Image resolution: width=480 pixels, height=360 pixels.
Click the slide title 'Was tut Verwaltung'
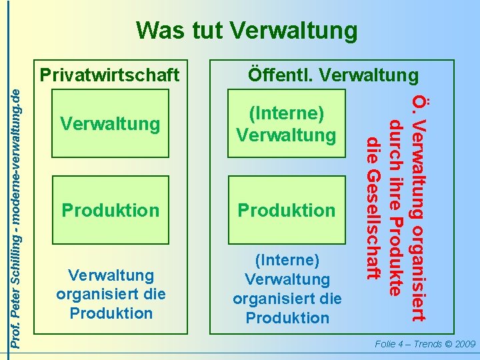246,31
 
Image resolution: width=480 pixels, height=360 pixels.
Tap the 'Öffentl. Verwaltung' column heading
333,74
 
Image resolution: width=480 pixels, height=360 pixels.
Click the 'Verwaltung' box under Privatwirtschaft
110,124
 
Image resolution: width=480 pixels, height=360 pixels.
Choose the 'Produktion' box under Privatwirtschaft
110,211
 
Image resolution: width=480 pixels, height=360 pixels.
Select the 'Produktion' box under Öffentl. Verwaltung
287,211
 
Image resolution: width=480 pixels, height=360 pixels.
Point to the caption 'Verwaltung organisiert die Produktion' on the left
110,294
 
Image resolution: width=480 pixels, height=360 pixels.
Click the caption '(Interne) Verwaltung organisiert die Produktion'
287,289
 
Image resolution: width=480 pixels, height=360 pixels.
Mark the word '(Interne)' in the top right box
287,114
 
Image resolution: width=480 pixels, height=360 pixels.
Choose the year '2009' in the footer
463,345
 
